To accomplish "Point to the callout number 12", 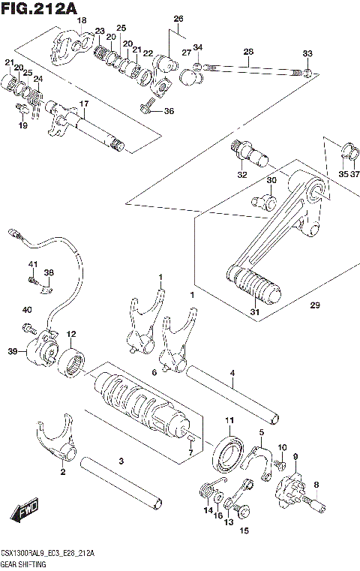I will (71, 335).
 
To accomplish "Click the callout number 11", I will (230, 420).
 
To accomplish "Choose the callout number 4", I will (232, 373).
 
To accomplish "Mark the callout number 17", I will (85, 104).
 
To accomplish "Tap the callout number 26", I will (178, 19).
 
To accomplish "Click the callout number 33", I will (307, 53).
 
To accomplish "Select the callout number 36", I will (168, 111).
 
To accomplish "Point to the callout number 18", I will (82, 20).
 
